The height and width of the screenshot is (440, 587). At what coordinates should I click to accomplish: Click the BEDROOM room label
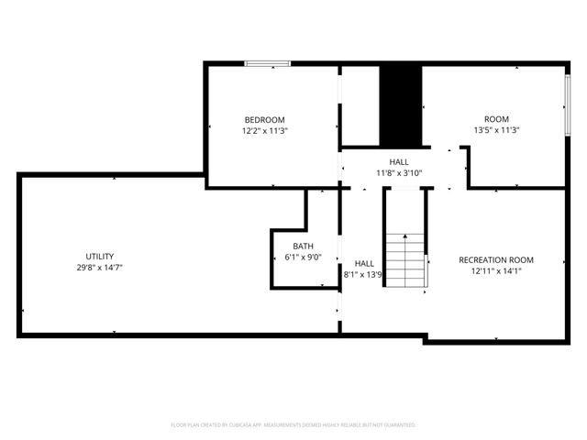[264, 120]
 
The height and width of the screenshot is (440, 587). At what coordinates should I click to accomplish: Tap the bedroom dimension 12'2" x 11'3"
[264, 131]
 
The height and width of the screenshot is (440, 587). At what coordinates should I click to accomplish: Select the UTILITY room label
[100, 257]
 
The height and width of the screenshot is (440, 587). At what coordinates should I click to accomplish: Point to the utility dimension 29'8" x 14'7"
[100, 268]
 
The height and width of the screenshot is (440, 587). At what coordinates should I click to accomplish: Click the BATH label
[303, 247]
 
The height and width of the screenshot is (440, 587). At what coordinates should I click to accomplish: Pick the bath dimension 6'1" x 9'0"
[303, 258]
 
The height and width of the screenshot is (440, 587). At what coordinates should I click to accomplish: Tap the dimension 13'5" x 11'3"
[496, 131]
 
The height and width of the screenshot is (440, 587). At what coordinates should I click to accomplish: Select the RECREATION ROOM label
[496, 260]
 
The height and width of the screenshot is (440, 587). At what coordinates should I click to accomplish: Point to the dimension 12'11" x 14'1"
[496, 271]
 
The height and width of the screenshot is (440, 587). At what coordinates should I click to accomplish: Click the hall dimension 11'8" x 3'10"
[399, 172]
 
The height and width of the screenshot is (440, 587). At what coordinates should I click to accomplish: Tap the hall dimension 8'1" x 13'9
[362, 274]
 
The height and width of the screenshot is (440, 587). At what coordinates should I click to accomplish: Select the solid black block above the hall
[400, 105]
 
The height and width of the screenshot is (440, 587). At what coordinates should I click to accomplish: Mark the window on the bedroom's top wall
[267, 63]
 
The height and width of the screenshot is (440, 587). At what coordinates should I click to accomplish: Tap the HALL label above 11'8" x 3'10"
[399, 161]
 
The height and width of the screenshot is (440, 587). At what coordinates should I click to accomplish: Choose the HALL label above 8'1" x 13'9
[364, 263]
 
